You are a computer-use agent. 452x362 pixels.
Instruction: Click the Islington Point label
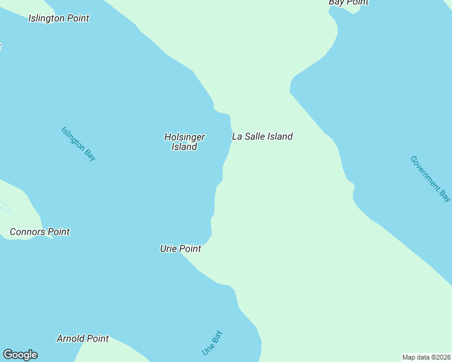click(59, 18)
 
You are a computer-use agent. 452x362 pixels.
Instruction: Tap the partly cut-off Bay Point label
click(348, 2)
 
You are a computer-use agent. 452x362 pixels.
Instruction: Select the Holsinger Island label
click(184, 142)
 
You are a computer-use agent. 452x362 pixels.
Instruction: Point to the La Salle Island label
click(262, 136)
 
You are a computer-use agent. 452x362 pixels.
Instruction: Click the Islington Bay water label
click(79, 144)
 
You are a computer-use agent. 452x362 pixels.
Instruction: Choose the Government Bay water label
click(430, 179)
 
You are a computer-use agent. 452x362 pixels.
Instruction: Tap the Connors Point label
click(40, 232)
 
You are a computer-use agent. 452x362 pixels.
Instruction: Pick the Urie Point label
click(180, 249)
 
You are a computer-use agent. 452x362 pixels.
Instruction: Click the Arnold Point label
click(83, 338)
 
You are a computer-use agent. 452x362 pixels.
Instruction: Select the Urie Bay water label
click(212, 342)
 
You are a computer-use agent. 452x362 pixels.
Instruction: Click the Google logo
click(20, 355)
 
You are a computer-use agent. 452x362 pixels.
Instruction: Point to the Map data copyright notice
click(427, 357)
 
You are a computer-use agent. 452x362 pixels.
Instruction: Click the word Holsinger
click(184, 137)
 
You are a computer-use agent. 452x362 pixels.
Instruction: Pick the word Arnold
click(69, 338)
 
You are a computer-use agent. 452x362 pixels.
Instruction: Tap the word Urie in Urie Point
click(169, 249)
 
